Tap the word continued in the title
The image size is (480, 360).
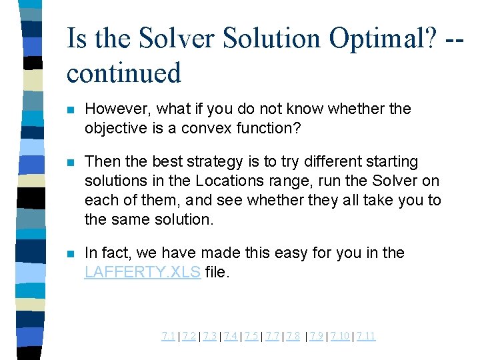pos(124,73)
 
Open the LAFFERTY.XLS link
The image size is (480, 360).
pos(143,271)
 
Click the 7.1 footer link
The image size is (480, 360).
pos(169,336)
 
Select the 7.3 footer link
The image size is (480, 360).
pos(210,336)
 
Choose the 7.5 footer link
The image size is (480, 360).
pos(251,336)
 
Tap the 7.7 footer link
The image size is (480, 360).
pos(272,336)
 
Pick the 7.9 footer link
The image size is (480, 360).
pos(317,336)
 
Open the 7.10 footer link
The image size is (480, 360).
pos(340,336)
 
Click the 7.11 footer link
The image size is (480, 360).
pos(366,336)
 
